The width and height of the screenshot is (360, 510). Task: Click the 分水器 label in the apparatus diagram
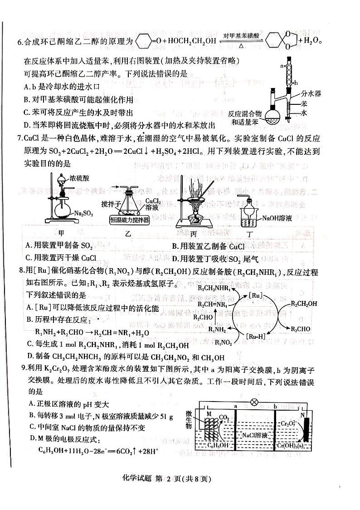coord(311,93)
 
